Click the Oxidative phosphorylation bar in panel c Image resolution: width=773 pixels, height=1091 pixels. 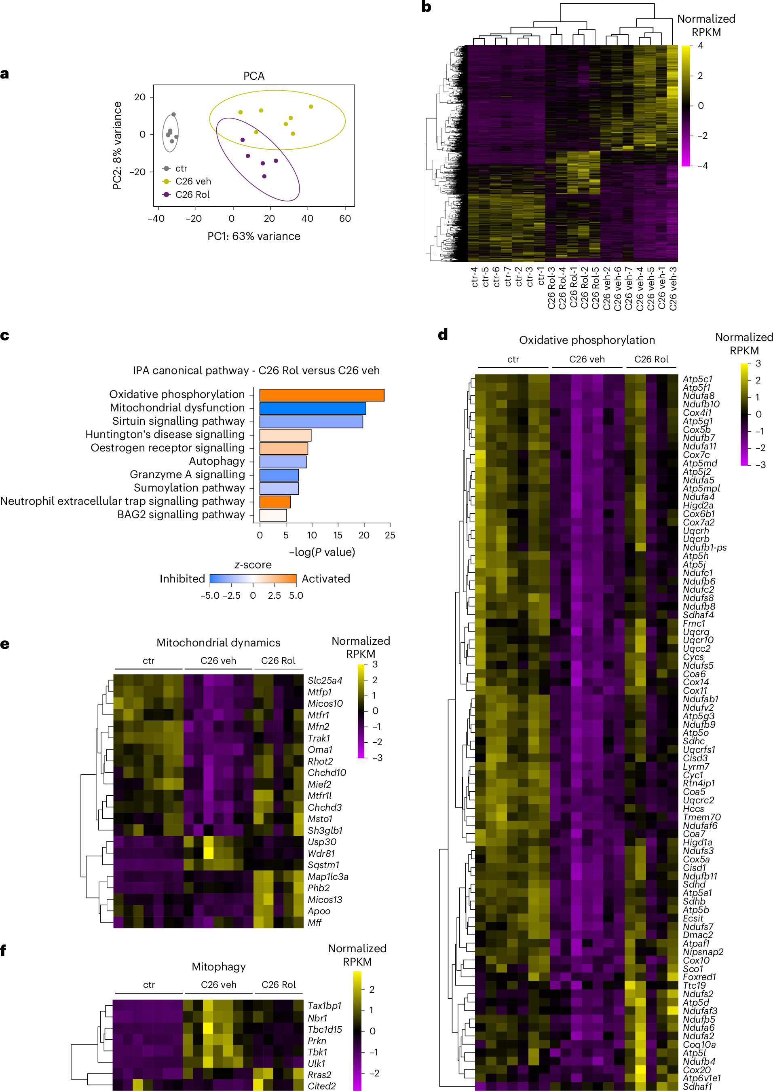(x=321, y=395)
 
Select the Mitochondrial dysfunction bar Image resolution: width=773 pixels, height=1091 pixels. (x=312, y=408)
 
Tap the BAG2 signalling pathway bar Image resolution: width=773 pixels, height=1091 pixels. (x=273, y=515)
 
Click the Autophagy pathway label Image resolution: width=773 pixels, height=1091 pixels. (x=217, y=461)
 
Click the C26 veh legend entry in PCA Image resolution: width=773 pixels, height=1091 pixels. (x=192, y=182)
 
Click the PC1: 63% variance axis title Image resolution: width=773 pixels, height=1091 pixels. (x=254, y=236)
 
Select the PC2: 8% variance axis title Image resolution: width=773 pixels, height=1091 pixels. (x=117, y=145)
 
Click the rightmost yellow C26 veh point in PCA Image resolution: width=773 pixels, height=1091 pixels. (x=311, y=107)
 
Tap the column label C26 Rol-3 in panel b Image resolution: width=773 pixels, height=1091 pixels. (x=551, y=288)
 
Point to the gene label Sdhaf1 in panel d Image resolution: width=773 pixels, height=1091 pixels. (x=697, y=1086)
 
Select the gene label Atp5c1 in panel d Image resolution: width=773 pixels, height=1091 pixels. (x=697, y=379)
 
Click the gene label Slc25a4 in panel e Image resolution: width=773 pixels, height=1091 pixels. (x=325, y=680)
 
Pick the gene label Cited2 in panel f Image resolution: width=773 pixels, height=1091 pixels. (x=321, y=1086)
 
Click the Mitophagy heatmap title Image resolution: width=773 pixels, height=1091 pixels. (x=218, y=966)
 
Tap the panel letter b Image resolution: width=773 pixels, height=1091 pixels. (x=426, y=7)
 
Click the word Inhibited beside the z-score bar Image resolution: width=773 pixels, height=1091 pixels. (x=182, y=578)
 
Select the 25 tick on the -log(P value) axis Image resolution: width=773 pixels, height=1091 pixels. (x=390, y=535)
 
